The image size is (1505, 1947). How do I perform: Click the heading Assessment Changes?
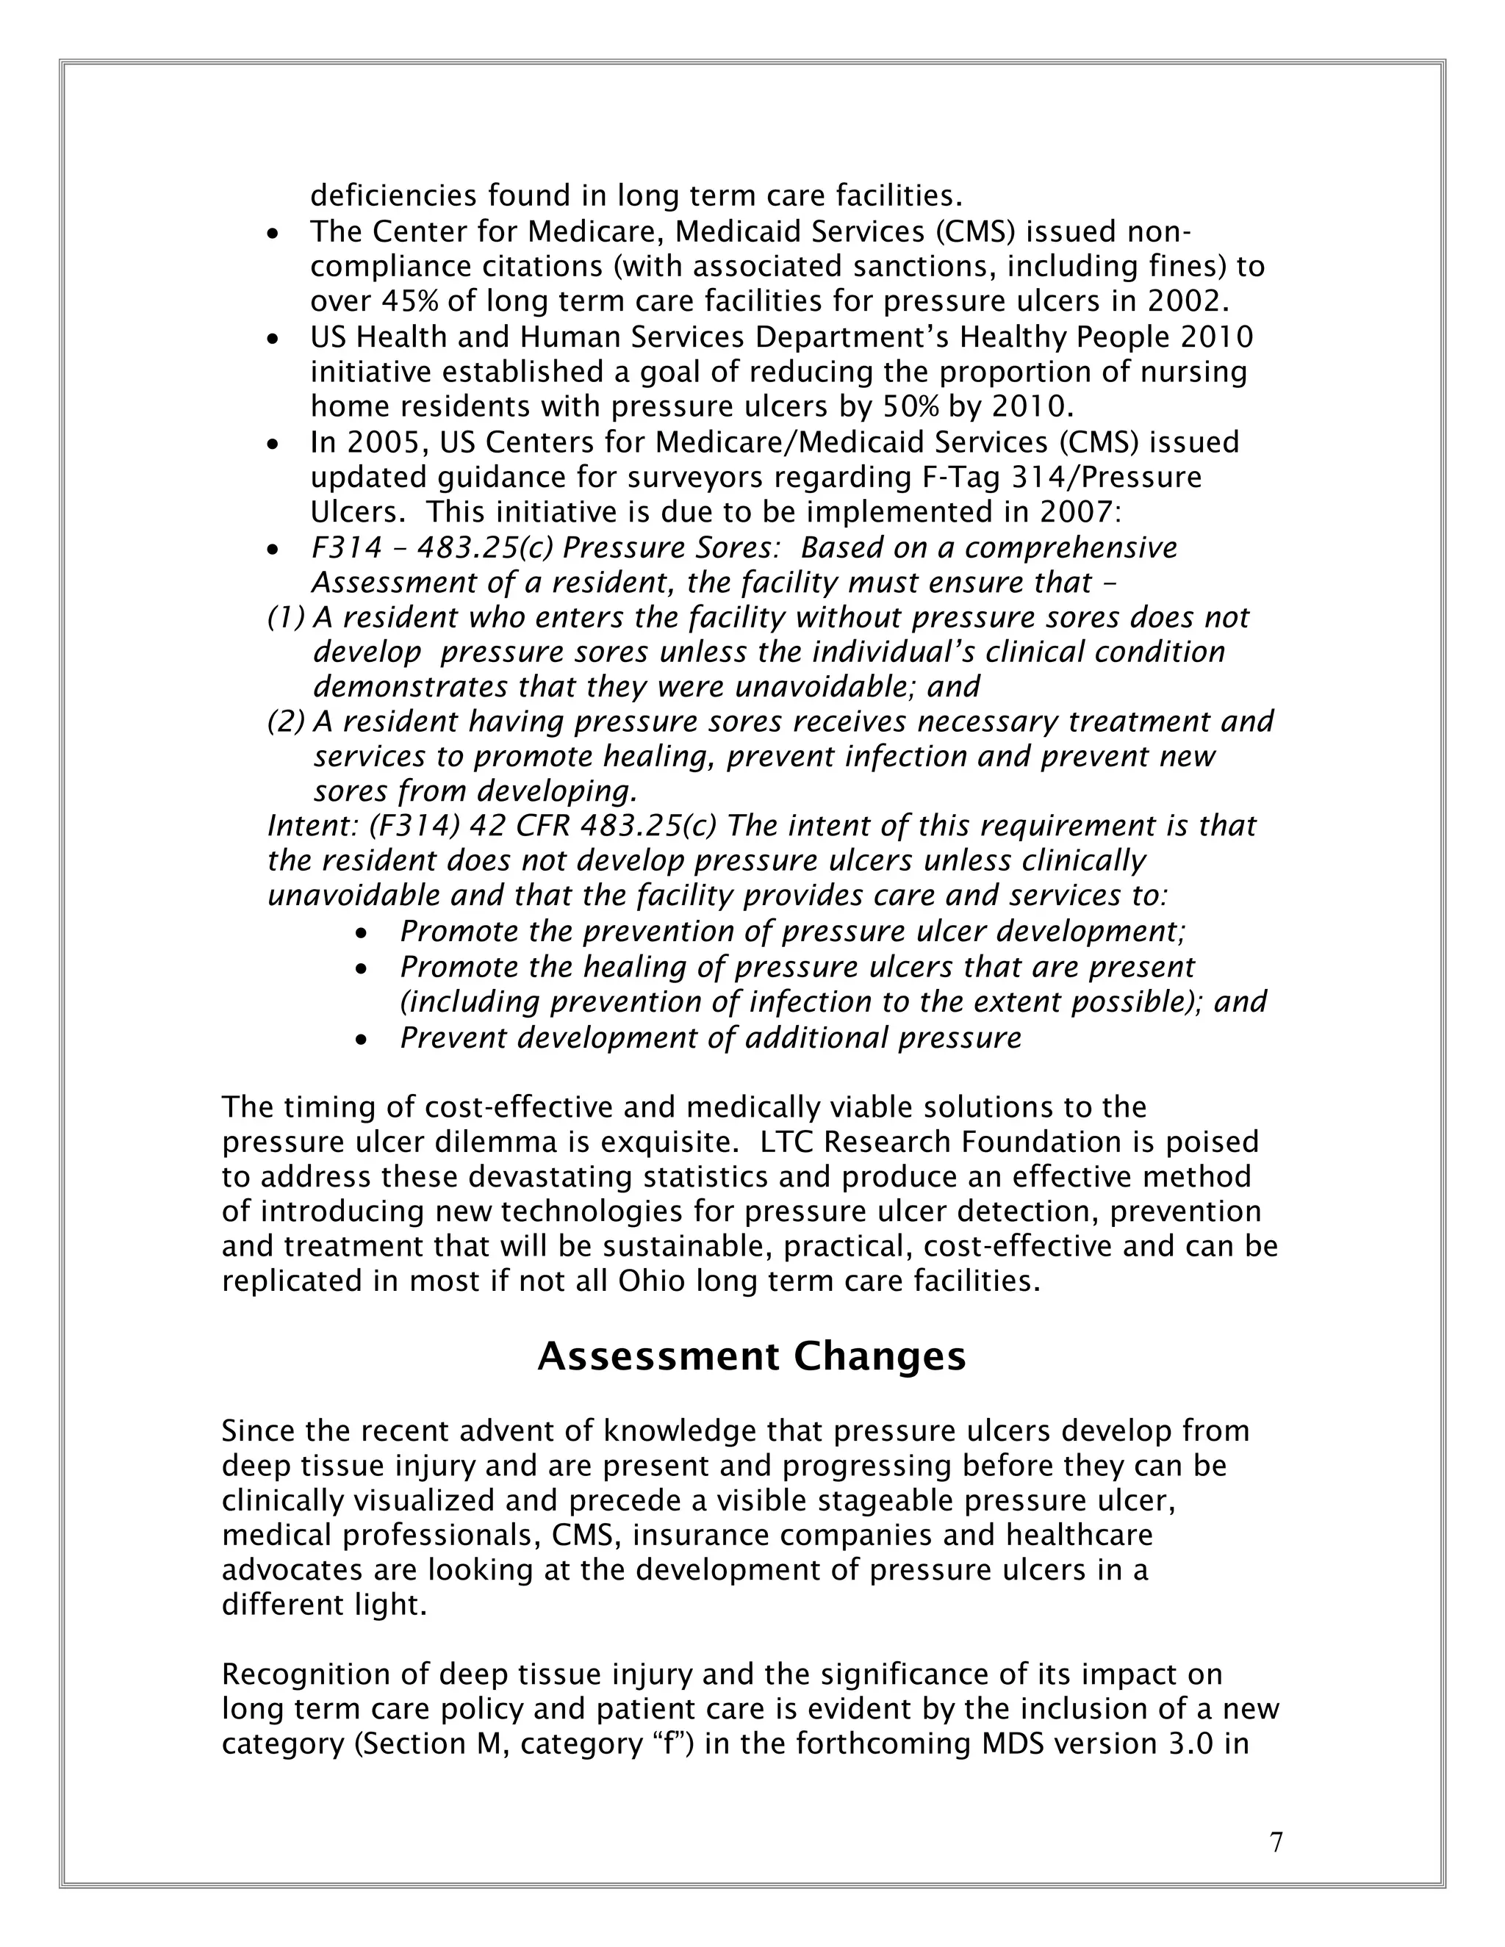(x=752, y=1356)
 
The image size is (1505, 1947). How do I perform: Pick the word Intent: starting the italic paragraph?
(x=313, y=827)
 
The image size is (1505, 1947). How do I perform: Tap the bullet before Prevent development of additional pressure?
(x=361, y=1040)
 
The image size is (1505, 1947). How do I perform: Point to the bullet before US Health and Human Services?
(x=273, y=339)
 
